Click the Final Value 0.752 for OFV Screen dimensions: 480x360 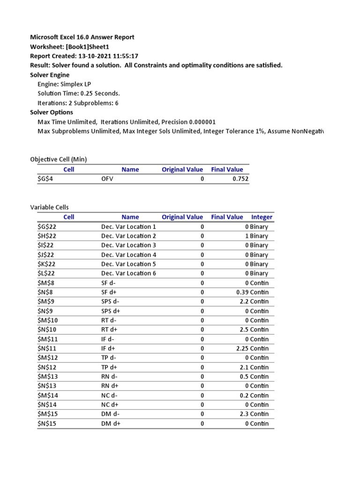click(x=240, y=179)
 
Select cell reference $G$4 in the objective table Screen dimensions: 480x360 click(x=45, y=179)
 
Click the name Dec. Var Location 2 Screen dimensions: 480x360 click(x=128, y=236)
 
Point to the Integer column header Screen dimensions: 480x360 click(x=262, y=217)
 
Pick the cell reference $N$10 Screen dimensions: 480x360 click(x=47, y=330)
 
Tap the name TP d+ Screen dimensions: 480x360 click(x=111, y=367)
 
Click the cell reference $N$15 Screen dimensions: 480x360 click(x=47, y=423)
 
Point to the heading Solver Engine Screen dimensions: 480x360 click(x=50, y=75)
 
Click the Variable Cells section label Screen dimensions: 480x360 click(x=49, y=207)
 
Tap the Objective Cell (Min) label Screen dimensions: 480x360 click(x=58, y=159)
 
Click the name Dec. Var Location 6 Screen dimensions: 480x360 click(x=128, y=273)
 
